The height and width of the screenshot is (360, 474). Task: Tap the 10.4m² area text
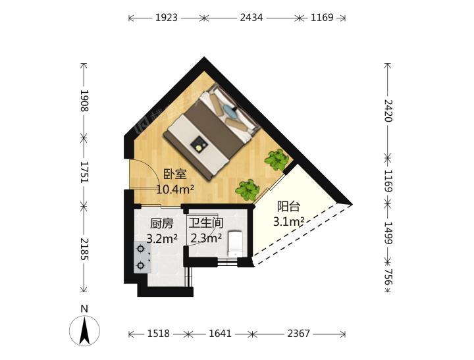[175, 190]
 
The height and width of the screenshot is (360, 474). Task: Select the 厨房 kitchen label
[162, 224]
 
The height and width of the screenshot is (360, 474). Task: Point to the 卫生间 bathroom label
[206, 223]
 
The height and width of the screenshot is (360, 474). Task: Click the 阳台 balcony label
[289, 207]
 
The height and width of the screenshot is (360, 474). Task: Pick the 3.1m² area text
[289, 222]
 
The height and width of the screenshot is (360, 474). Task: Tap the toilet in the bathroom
[235, 244]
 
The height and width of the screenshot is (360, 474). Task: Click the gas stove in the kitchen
[143, 257]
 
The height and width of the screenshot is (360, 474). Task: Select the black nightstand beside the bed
[199, 145]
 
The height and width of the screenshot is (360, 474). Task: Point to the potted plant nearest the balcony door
[276, 159]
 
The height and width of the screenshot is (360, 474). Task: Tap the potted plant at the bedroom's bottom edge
[248, 190]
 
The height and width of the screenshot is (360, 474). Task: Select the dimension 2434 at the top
[251, 18]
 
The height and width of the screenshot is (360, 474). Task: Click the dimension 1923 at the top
[167, 18]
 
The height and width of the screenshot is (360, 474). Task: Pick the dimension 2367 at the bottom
[298, 334]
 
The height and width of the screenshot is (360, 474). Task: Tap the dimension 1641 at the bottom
[220, 334]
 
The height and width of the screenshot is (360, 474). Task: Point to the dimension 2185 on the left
[84, 249]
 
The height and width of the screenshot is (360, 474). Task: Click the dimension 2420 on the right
[388, 111]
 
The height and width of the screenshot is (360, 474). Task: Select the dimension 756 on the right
[388, 277]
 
